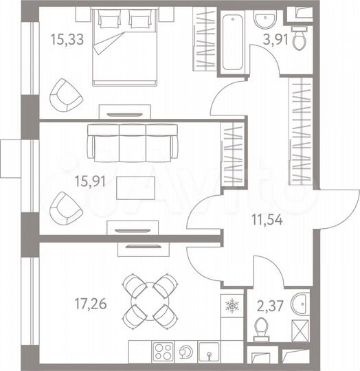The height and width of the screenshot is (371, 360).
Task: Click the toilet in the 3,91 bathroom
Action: [x=300, y=38]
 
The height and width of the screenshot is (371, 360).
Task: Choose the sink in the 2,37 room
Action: [x=300, y=302]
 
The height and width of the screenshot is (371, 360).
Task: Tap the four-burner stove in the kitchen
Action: [x=164, y=351]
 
